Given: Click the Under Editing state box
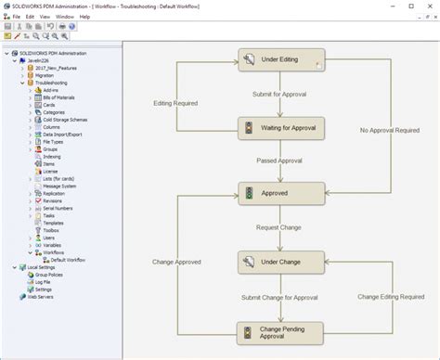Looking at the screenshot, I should click(281, 60).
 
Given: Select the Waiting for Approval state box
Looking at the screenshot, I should click(281, 127).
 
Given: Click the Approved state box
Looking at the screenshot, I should click(281, 193).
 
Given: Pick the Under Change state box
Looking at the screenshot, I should click(281, 263).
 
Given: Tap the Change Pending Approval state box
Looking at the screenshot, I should click(281, 332).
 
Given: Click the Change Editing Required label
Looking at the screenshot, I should click(389, 297).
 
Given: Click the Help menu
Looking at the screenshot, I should click(84, 17).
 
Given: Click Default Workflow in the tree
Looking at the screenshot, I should click(67, 260).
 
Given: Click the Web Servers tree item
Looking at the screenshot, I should click(40, 297).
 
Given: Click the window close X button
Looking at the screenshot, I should click(432, 6).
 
